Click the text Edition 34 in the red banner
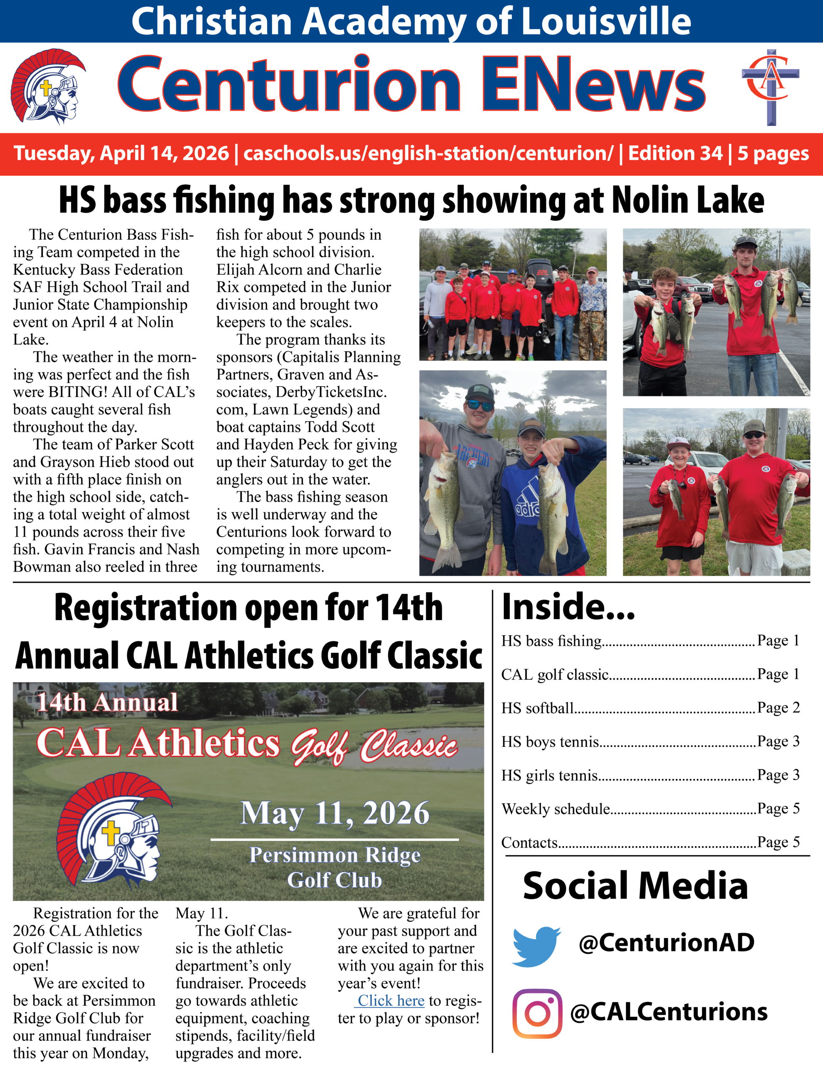[675, 153]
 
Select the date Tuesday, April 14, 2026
[121, 153]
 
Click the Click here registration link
[391, 1001]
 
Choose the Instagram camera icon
[537, 1013]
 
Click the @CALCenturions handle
[668, 1012]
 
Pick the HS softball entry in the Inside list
[538, 708]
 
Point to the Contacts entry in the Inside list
[529, 842]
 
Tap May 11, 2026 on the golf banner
[335, 813]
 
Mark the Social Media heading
[635, 886]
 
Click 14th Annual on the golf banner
[107, 703]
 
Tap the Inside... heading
[568, 607]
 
